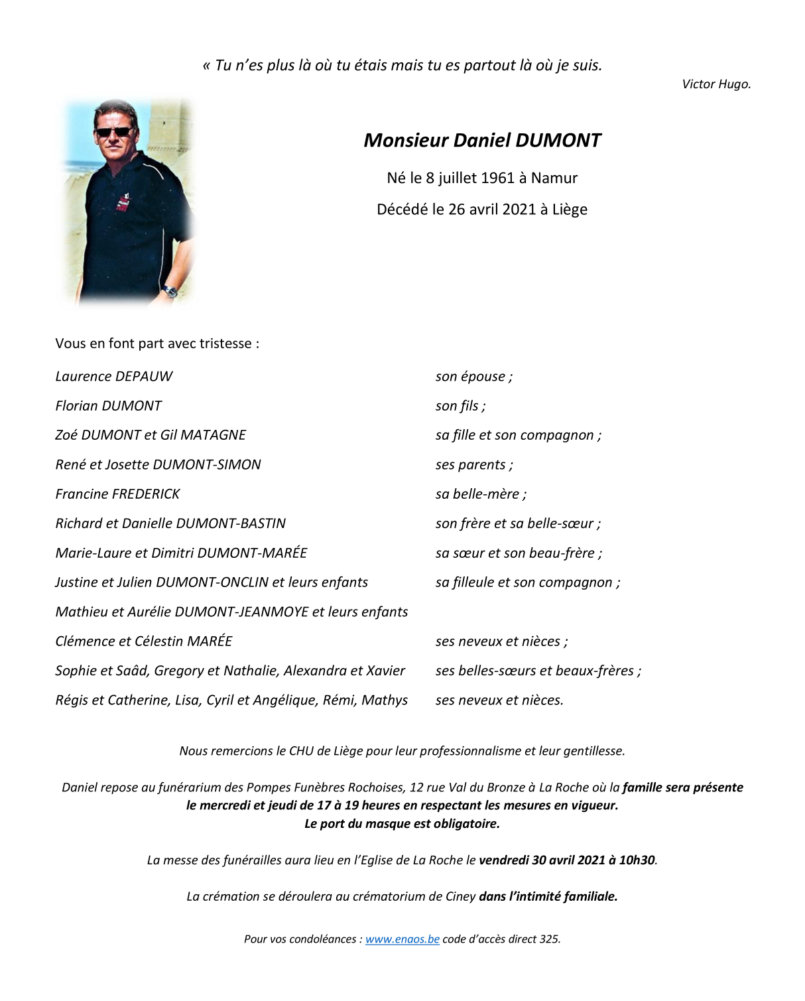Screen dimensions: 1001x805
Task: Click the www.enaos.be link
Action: tap(402, 939)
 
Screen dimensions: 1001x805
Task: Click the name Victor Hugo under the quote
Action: tap(716, 84)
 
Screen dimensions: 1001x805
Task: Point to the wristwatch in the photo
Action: tap(170, 291)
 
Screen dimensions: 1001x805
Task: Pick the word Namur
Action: tap(554, 178)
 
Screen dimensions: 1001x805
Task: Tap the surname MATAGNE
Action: tap(213, 435)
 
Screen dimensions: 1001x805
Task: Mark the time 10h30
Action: tap(637, 860)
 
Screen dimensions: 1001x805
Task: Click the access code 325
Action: tap(550, 939)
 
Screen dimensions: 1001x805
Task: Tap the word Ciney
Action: tap(460, 897)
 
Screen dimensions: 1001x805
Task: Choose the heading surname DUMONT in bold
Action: tap(558, 141)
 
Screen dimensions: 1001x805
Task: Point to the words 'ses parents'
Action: tap(471, 465)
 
